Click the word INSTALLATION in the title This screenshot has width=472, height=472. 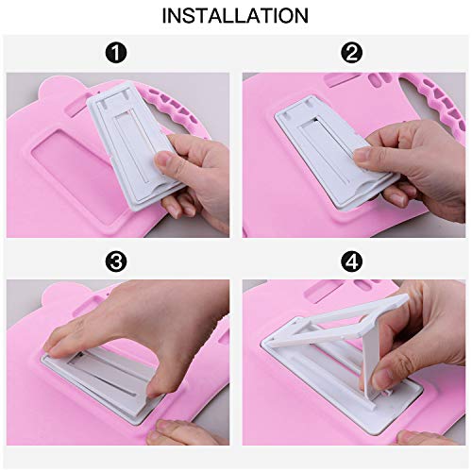(235, 16)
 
